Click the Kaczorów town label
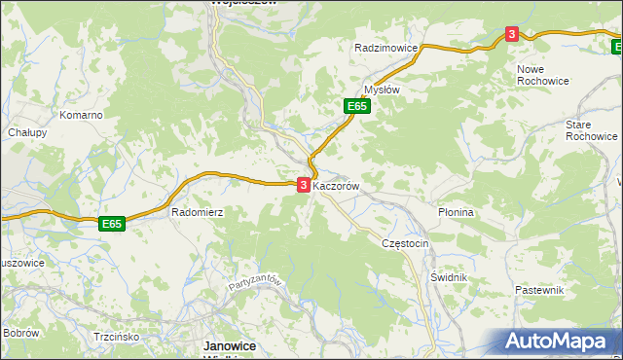tap(338, 184)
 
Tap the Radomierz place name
tap(198, 211)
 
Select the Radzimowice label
tap(386, 48)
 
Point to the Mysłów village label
tap(382, 89)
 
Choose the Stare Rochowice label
tap(592, 130)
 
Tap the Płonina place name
tap(456, 212)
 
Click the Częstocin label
tap(406, 243)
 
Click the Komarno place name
tap(81, 115)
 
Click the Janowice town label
tap(229, 345)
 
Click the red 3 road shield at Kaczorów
tap(304, 184)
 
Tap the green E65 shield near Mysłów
tap(356, 106)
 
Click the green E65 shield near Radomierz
tap(112, 224)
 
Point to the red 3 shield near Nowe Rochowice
tap(512, 35)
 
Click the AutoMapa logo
tap(559, 342)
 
